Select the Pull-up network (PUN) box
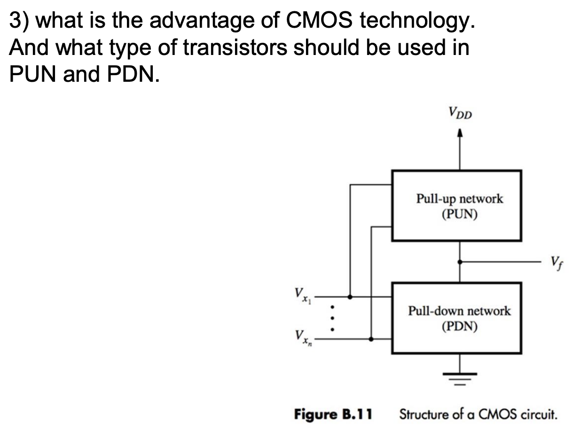point(456,206)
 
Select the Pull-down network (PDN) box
point(456,318)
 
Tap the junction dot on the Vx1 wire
point(350,297)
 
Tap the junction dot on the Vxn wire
point(371,338)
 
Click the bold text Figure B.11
point(333,414)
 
